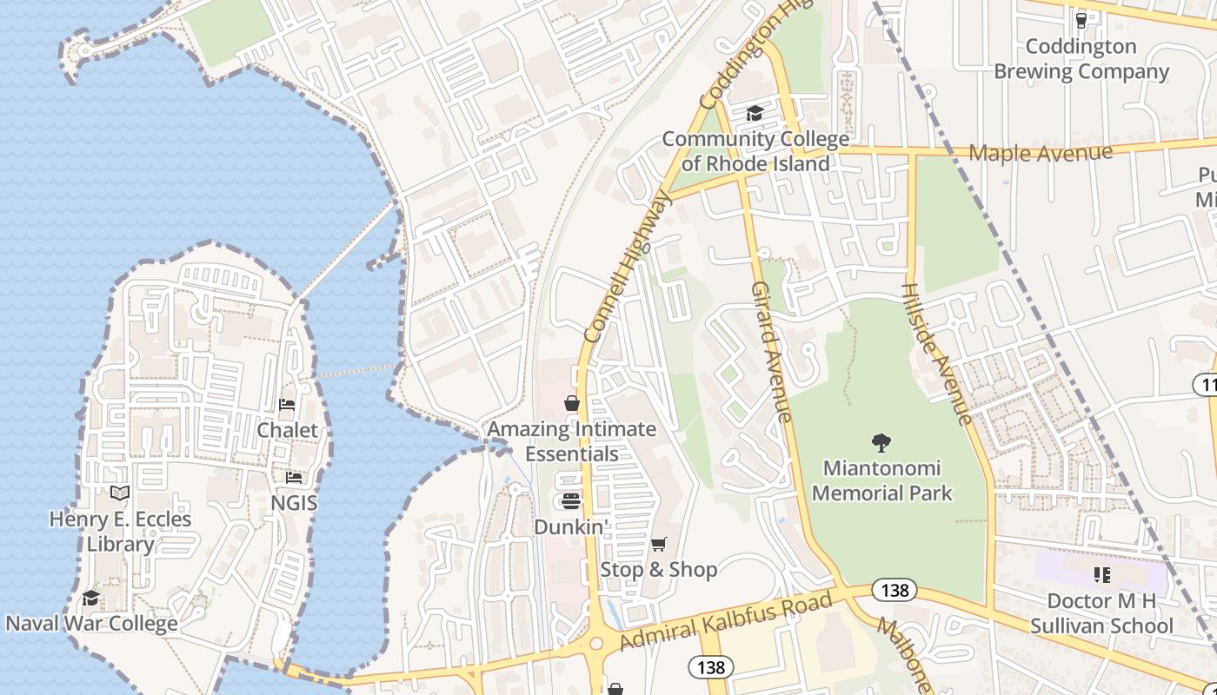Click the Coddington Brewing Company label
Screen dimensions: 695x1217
point(1081,59)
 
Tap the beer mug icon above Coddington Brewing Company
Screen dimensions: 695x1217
point(1081,19)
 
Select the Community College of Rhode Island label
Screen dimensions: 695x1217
point(755,151)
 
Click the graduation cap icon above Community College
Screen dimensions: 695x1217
point(755,113)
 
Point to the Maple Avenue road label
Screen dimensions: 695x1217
point(1040,154)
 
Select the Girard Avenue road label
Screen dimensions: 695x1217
point(772,351)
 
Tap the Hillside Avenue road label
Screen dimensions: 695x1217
point(936,354)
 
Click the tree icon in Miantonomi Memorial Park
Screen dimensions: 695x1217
point(881,443)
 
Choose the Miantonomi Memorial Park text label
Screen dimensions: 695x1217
point(881,481)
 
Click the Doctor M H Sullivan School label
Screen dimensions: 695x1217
point(1101,613)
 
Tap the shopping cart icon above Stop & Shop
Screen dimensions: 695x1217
point(659,544)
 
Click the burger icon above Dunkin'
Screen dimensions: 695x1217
point(571,500)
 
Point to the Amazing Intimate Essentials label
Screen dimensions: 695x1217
point(571,441)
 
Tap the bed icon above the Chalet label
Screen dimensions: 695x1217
point(287,405)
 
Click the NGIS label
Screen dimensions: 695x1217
point(294,503)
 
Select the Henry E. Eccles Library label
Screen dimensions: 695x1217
point(120,532)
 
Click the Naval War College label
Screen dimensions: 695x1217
point(91,623)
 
